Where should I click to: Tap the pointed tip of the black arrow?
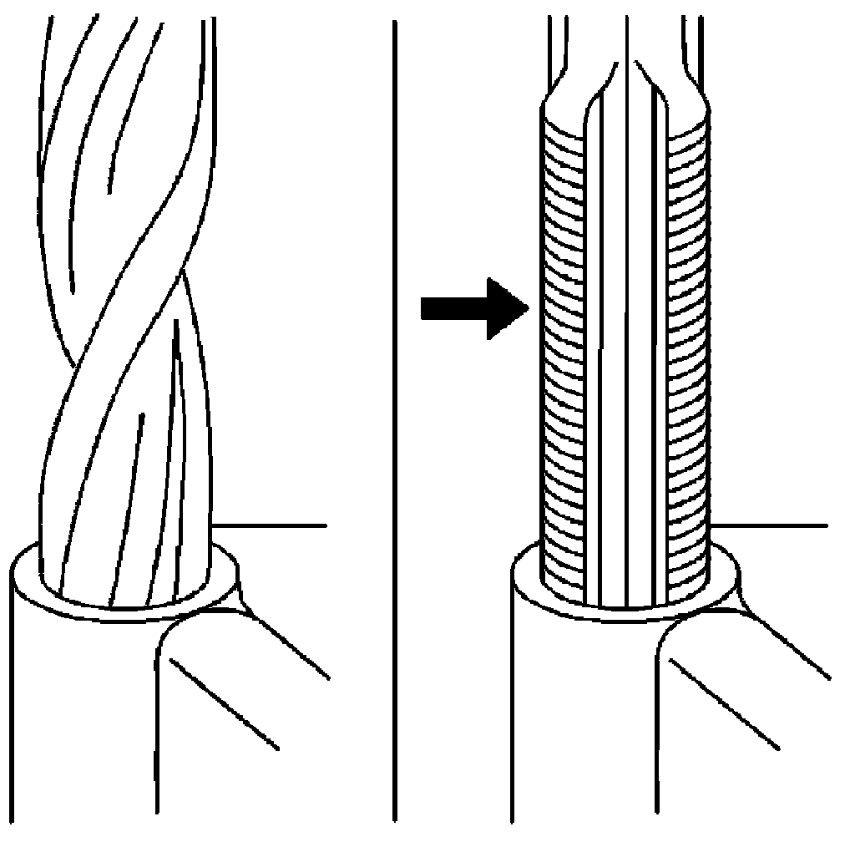[x=529, y=309]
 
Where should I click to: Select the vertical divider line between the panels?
[x=394, y=418]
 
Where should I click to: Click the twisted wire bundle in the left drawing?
[x=125, y=334]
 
